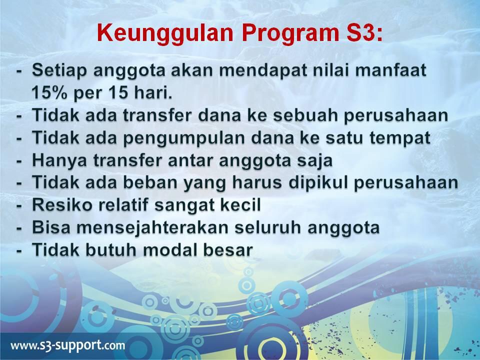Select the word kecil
coord(238,205)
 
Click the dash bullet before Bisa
coord(19,228)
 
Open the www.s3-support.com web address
coord(68,345)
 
